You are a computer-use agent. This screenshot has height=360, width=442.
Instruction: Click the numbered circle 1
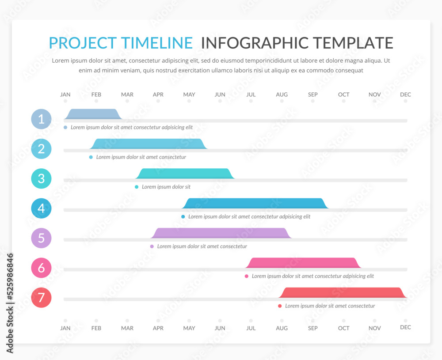(41, 119)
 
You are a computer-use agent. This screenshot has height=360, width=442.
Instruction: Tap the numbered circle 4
(41, 208)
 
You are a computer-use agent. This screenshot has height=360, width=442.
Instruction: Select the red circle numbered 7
(41, 298)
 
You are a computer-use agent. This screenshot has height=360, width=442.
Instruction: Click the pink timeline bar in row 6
(303, 263)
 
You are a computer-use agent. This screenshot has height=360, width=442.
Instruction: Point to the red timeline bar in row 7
(343, 292)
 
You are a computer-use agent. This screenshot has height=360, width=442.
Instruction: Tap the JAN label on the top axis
(65, 95)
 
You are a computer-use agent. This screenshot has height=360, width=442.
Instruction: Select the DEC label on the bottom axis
(405, 327)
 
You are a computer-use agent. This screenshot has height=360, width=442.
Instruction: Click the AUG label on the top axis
(282, 95)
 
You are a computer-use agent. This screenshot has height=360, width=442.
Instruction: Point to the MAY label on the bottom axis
(189, 328)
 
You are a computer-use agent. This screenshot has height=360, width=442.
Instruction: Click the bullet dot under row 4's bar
(183, 217)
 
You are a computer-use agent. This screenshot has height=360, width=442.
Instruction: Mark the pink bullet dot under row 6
(247, 276)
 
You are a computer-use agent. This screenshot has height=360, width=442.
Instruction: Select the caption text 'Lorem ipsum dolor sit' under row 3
(166, 187)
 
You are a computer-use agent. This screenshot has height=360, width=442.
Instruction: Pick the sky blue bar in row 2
(149, 144)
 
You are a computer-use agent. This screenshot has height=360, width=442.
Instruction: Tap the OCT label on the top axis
(343, 95)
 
